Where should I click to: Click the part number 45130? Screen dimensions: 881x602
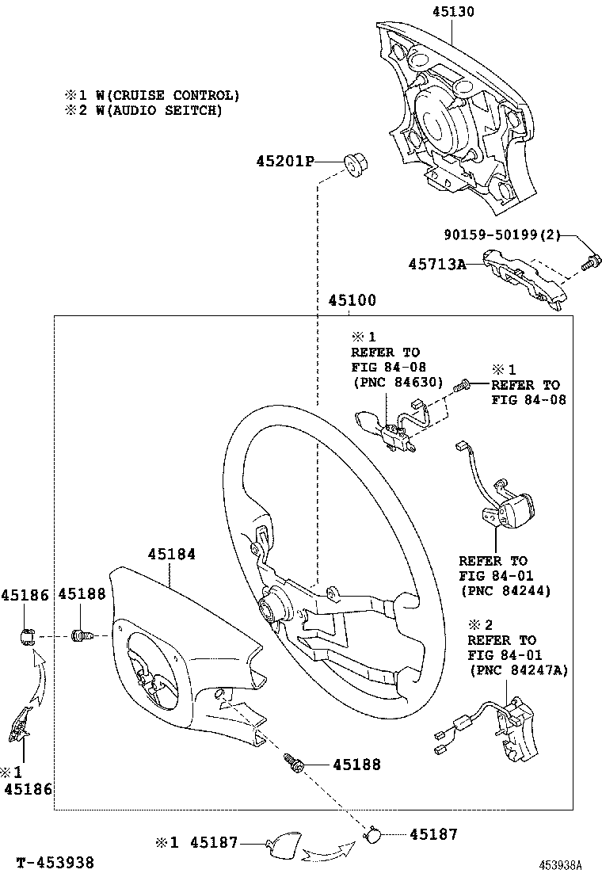pyautogui.click(x=453, y=12)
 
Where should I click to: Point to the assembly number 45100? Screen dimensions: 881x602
pyautogui.click(x=351, y=301)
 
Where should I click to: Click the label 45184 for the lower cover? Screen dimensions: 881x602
pyautogui.click(x=170, y=555)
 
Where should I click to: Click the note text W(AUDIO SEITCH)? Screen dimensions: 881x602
pyautogui.click(x=159, y=111)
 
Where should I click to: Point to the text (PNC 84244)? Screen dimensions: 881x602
pyautogui.click(x=505, y=590)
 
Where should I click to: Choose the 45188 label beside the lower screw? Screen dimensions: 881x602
pyautogui.click(x=356, y=765)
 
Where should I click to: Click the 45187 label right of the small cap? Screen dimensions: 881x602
pyautogui.click(x=433, y=834)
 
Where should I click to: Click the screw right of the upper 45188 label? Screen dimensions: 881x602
pyautogui.click(x=82, y=635)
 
